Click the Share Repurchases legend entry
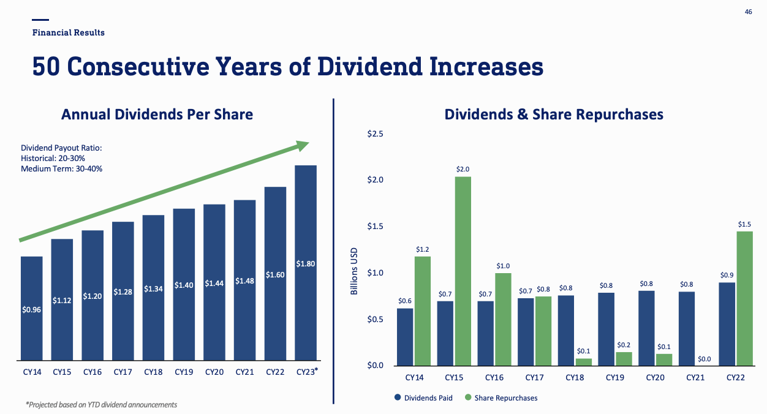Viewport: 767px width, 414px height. (x=501, y=398)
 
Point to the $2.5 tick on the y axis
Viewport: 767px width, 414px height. (x=375, y=134)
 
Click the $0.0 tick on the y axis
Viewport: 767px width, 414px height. (x=375, y=366)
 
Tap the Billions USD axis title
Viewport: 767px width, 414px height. (x=353, y=271)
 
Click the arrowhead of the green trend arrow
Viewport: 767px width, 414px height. (x=303, y=145)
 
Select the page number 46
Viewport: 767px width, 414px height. (x=748, y=12)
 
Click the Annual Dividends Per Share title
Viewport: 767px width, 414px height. (x=157, y=115)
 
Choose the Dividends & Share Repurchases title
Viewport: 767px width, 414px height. (x=554, y=115)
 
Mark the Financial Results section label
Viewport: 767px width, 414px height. (x=69, y=32)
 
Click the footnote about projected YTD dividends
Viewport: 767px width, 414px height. (x=101, y=405)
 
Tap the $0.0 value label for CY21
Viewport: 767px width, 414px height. (x=704, y=359)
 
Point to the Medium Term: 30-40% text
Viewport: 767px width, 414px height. (x=61, y=168)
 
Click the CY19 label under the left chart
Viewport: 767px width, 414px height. (x=184, y=372)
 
